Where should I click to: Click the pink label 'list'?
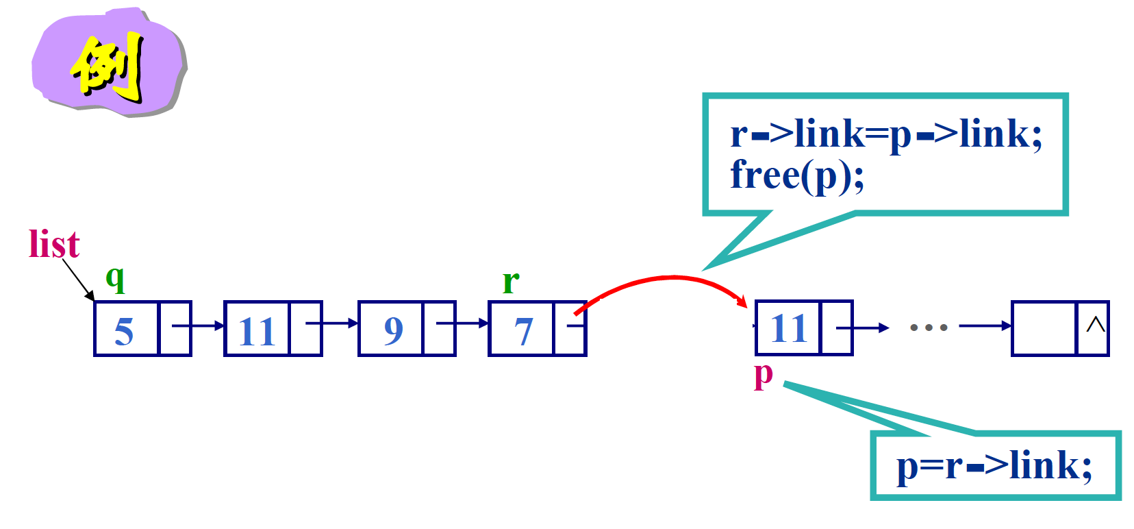54,245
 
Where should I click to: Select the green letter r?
511,282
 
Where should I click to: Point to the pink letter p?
763,375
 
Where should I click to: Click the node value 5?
124,331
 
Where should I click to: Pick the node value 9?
393,331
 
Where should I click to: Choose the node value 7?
523,331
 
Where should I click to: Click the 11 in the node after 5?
257,331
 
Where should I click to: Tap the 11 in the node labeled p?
789,328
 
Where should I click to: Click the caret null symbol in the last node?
1095,325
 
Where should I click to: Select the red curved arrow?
671,279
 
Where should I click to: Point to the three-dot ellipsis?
928,328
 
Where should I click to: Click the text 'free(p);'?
797,175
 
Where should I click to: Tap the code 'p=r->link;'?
994,466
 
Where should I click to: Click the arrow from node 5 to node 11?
198,325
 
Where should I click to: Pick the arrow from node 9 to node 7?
462,323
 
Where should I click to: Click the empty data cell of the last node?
1044,328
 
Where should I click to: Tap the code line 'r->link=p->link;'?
886,134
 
